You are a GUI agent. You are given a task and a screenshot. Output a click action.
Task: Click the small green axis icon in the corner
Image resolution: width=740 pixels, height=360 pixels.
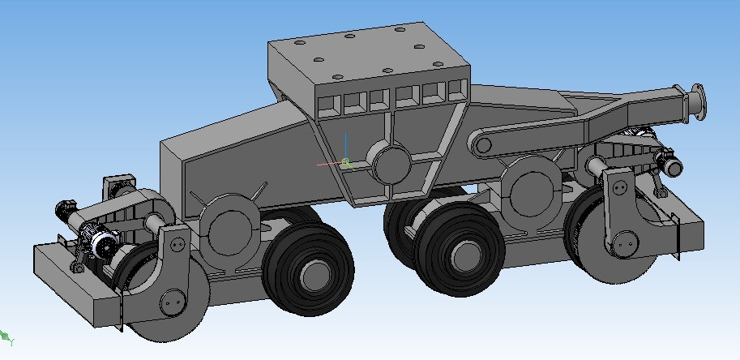[6, 336]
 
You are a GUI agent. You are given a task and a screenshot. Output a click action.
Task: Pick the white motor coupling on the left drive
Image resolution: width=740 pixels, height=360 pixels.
[103, 244]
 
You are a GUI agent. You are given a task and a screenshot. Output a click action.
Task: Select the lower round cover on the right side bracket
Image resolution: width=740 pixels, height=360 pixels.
[625, 241]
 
